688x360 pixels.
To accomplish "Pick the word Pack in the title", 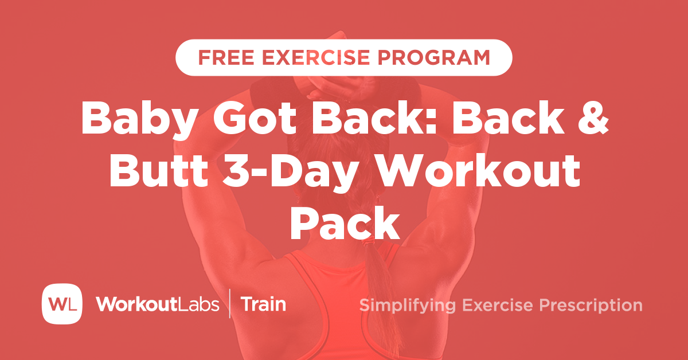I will [x=344, y=225].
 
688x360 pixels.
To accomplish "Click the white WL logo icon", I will [x=62, y=303].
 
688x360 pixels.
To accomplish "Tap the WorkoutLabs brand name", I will [x=157, y=304].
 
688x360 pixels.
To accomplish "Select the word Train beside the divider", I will [x=263, y=304].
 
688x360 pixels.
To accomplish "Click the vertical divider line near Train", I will [x=230, y=304].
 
